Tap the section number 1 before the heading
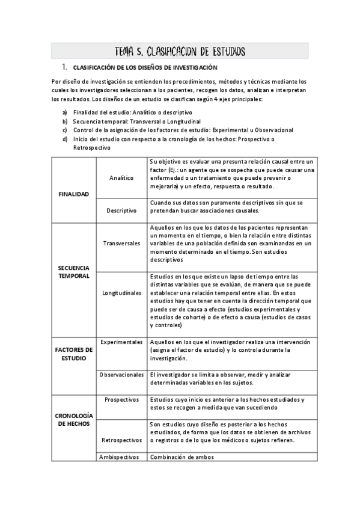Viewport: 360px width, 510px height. (63, 67)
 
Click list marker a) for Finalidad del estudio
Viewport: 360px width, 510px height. (65, 112)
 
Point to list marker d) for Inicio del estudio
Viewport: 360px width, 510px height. (65, 139)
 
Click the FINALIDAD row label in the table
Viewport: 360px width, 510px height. (73, 194)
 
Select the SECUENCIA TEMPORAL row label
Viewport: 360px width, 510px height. (73, 271)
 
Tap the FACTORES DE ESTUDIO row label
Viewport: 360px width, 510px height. (73, 354)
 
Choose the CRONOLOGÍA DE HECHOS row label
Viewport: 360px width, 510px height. (73, 419)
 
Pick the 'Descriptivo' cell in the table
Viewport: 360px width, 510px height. (122, 210)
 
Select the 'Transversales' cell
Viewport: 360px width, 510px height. (122, 244)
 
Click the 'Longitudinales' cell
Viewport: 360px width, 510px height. (122, 293)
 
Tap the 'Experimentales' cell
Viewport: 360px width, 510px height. (122, 342)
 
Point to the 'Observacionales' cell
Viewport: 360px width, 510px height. (122, 374)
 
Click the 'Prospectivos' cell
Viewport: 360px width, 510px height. (122, 399)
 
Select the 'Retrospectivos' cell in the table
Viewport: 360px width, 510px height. (122, 440)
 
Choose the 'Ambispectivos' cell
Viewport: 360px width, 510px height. (122, 456)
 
